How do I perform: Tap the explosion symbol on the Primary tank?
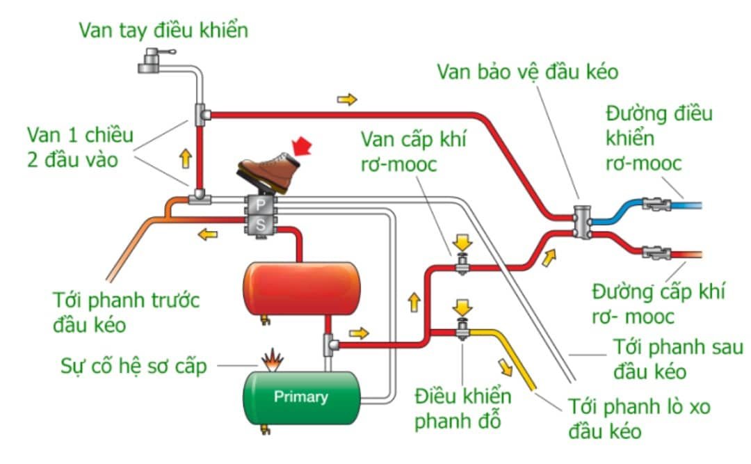[x=272, y=360]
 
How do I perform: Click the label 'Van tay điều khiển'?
[x=163, y=31]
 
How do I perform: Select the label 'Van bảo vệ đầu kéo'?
[x=528, y=71]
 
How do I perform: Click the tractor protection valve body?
[x=581, y=222]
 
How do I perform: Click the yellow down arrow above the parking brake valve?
[x=461, y=307]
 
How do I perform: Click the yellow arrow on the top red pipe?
[x=346, y=99]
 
